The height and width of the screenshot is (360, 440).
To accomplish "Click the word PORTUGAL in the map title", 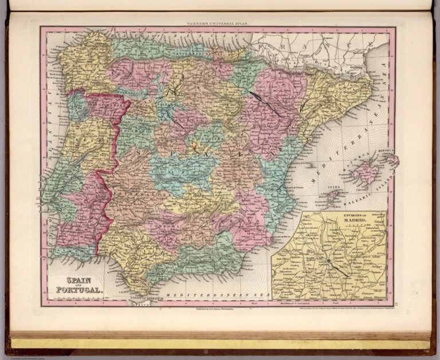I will click(x=79, y=290).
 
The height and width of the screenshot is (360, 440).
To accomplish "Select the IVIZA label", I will click(x=329, y=186).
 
